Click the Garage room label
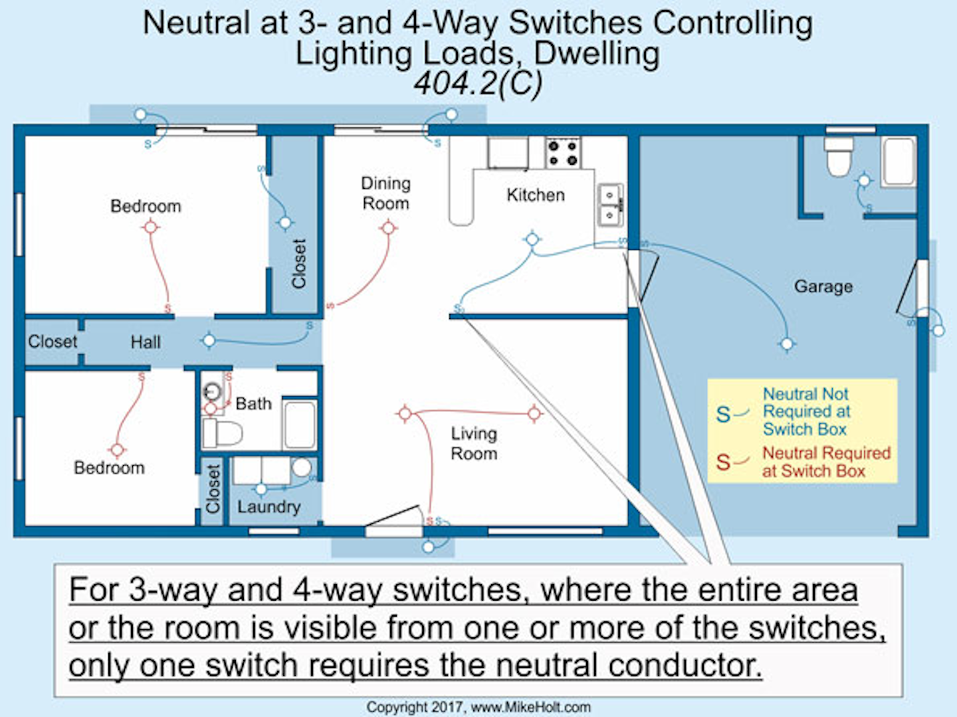point(823,286)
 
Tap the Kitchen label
point(536,195)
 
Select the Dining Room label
point(386,193)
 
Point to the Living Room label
point(474,444)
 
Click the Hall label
point(146,342)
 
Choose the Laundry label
point(269,507)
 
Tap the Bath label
point(253,403)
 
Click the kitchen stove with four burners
point(563,153)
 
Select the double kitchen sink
point(610,205)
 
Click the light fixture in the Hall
point(209,341)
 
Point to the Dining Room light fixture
point(388,228)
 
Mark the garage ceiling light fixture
point(787,344)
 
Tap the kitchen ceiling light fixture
point(532,239)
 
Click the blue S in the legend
point(723,415)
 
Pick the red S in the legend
point(723,462)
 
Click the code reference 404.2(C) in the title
point(478,83)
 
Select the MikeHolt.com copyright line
point(478,707)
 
